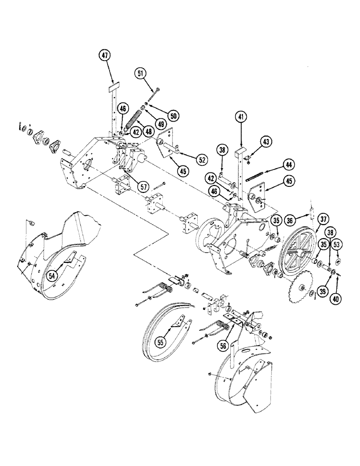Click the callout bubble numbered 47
(105, 55)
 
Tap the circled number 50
(160, 115)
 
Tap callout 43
(266, 141)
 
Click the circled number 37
(322, 219)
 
